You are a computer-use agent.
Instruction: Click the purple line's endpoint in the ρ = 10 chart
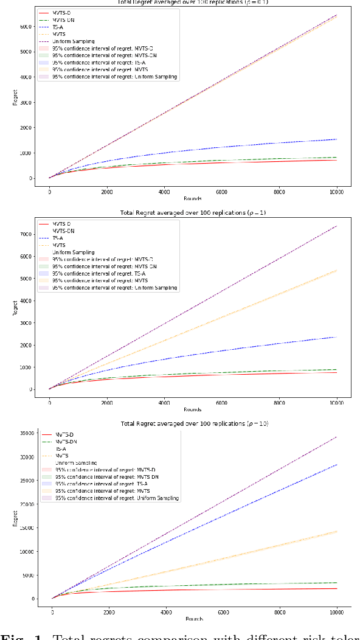point(337,436)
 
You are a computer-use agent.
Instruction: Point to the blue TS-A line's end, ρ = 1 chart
point(337,336)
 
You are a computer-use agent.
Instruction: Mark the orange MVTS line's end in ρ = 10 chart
point(337,530)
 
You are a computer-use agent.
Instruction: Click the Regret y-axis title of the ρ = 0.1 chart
point(15,97)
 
